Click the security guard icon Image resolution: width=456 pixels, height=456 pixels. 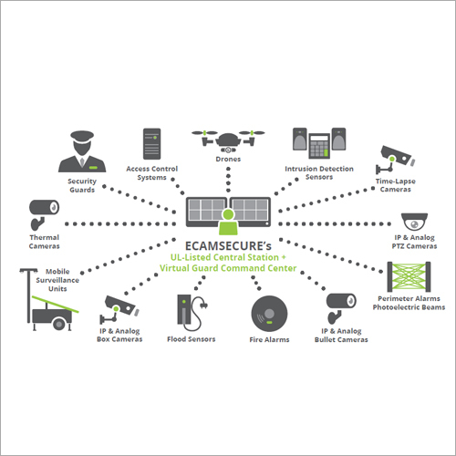click(x=84, y=151)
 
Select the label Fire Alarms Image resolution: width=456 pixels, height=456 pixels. click(x=268, y=340)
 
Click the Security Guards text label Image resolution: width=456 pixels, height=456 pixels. click(x=83, y=186)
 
